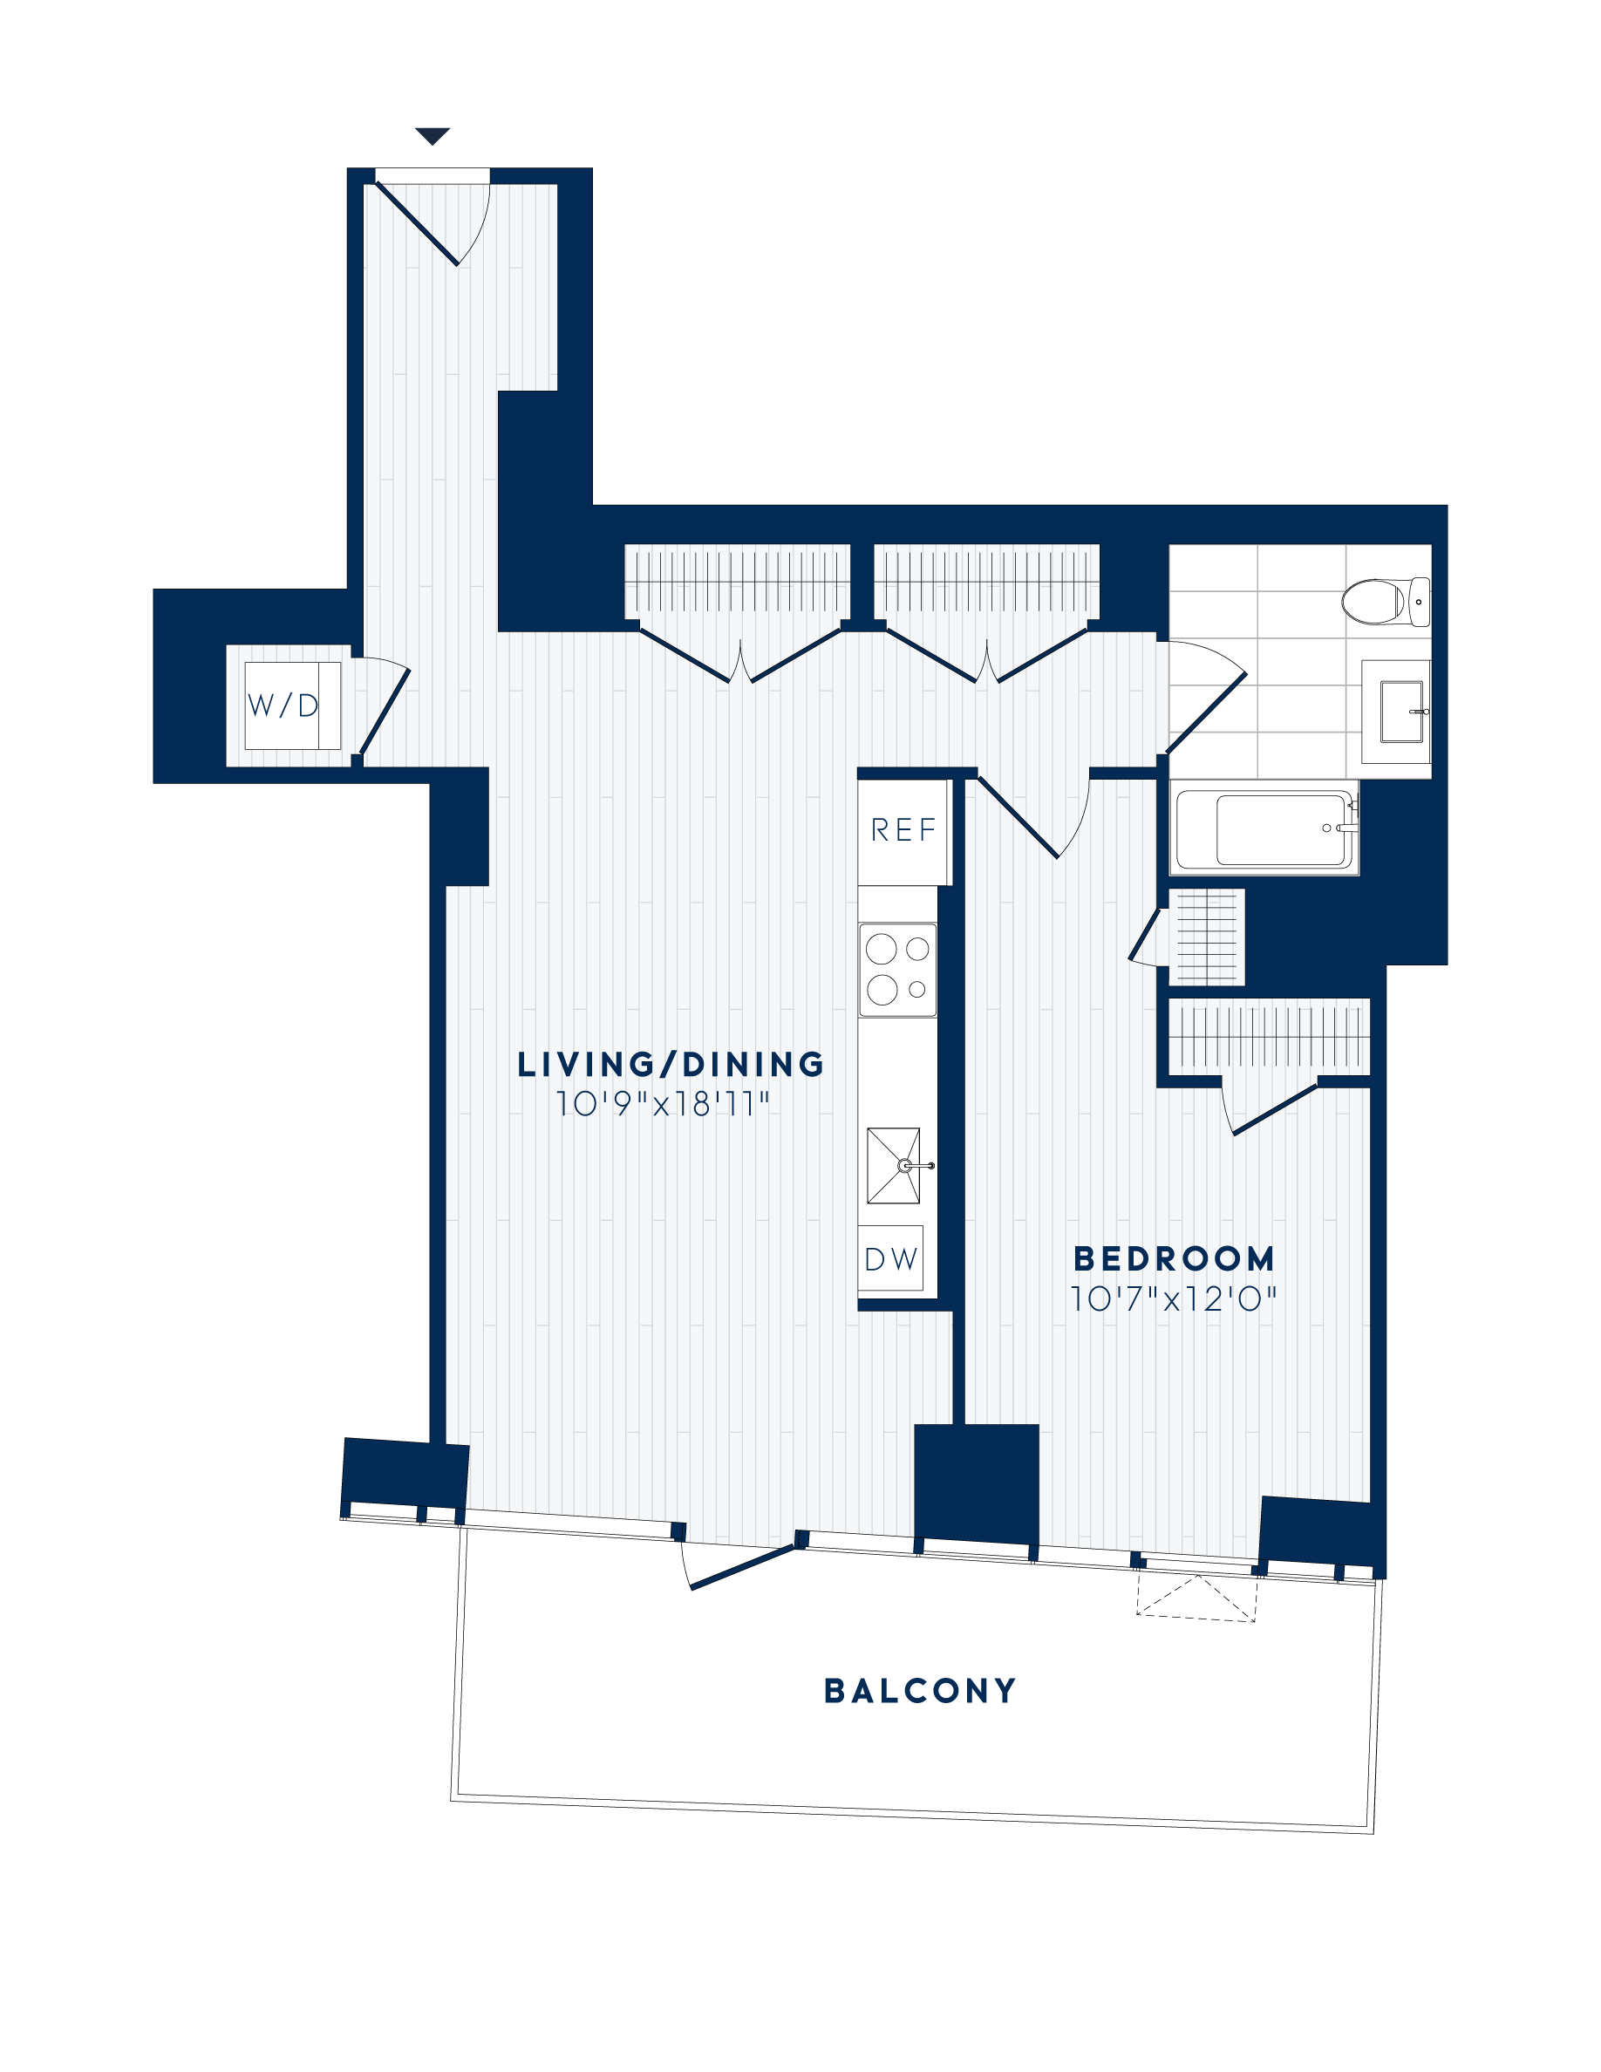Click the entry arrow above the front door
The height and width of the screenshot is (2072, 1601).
[432, 137]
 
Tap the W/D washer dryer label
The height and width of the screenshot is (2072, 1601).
[283, 705]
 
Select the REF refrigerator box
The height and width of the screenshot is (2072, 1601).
[903, 831]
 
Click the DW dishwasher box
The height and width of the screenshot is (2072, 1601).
[890, 1259]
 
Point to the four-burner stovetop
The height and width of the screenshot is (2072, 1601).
[897, 970]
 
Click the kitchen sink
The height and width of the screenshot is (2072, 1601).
[894, 1166]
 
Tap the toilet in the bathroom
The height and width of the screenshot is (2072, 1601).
[1384, 602]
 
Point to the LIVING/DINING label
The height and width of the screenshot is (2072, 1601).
[671, 1065]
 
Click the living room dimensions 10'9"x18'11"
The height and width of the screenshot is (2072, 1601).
[662, 1104]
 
